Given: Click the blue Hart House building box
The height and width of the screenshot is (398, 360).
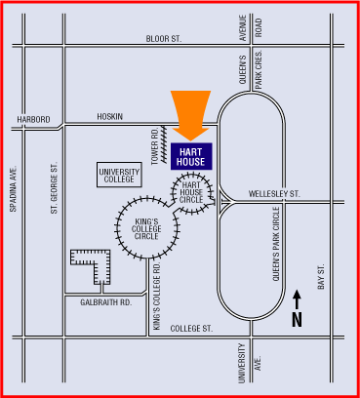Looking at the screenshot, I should pos(191,156).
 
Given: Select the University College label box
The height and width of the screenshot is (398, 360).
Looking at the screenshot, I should pos(120,176).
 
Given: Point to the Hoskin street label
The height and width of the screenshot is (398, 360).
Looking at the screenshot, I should pos(110,117).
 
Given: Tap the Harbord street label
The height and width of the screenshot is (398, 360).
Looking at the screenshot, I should pos(31,120).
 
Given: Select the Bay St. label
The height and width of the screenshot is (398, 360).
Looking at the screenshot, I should pos(321,279).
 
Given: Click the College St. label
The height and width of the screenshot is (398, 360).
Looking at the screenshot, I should pos(191,329).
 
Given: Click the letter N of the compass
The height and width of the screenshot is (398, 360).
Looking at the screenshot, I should pos(298,319).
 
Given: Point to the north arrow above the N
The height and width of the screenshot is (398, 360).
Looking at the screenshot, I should pos(298,297).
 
